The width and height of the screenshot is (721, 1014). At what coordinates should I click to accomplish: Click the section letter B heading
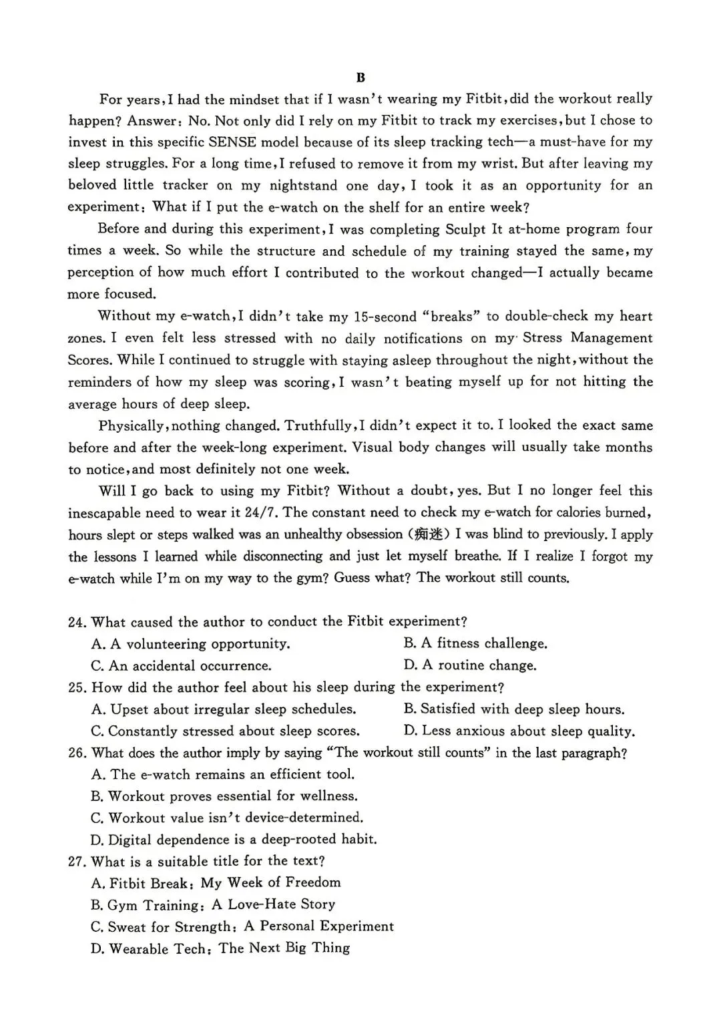coord(360,77)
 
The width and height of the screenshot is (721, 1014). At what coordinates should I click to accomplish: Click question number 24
coord(77,622)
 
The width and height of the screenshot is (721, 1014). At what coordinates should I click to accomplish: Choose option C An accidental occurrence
coord(182,666)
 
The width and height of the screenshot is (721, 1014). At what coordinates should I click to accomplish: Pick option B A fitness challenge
coord(475,643)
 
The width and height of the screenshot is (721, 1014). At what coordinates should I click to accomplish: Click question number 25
coord(77,687)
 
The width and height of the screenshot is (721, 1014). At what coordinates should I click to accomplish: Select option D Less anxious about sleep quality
coord(519,731)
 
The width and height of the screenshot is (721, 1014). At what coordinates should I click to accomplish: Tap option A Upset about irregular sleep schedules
coord(224,709)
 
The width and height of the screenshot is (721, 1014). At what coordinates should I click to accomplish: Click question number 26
coord(77,753)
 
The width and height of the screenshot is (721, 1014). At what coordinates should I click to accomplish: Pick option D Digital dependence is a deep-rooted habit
coord(234,840)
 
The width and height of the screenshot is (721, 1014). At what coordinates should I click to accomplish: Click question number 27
coord(77,862)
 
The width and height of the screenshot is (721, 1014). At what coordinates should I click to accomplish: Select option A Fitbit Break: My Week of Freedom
coord(216,883)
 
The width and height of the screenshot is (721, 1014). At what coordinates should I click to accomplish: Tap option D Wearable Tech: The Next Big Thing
coord(220,949)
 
